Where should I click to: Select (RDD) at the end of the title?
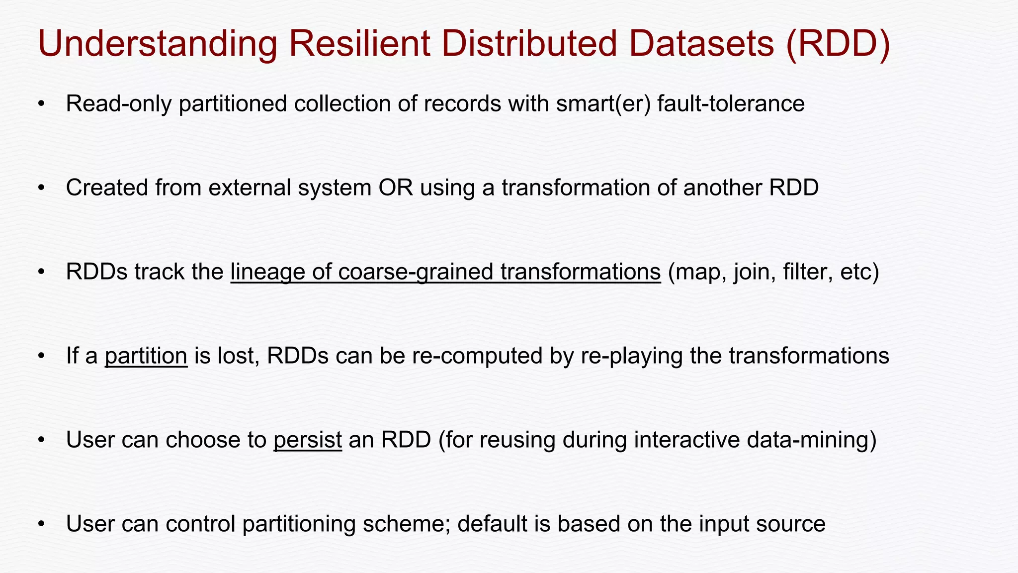838,44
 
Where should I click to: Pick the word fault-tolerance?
731,104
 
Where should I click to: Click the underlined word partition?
146,356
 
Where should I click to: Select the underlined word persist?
307,440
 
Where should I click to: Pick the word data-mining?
830,440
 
